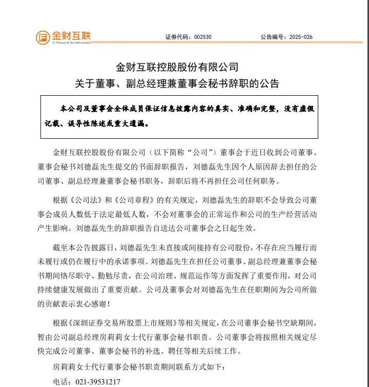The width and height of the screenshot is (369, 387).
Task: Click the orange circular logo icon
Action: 43,37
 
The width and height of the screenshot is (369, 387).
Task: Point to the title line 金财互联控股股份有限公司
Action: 177,67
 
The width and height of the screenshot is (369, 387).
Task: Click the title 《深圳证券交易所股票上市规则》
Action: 122,324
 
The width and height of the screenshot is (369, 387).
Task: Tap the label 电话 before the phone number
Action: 62,381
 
